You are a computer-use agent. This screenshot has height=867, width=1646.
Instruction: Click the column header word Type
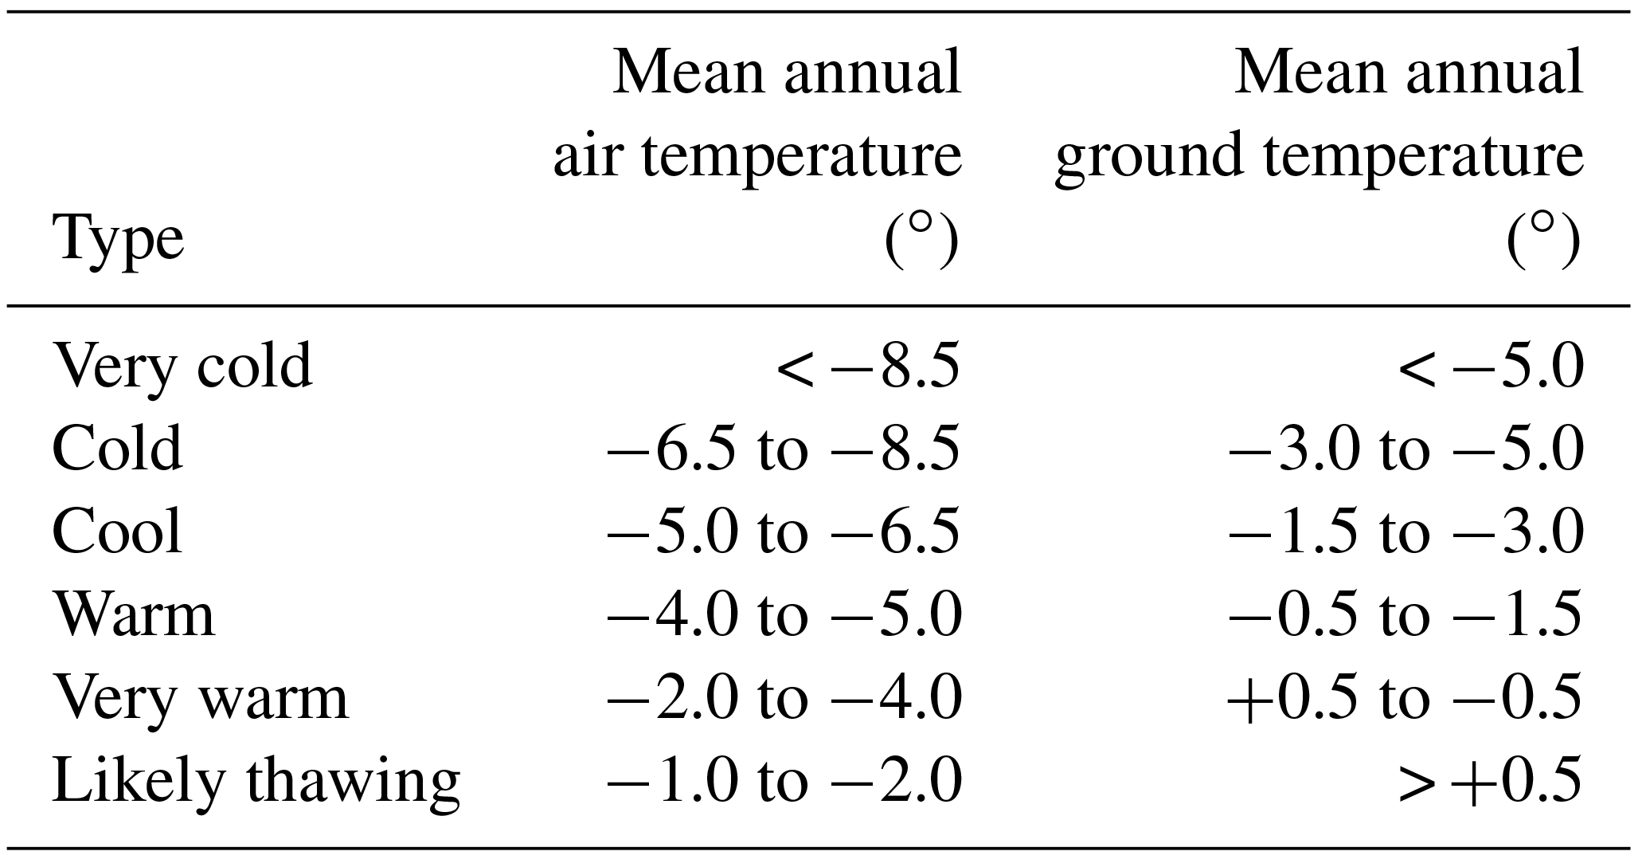coord(118,240)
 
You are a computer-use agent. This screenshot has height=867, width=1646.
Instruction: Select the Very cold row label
coord(182,367)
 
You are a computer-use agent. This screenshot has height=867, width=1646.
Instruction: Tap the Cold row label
coord(117,449)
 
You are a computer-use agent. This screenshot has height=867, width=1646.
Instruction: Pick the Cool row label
coord(117,532)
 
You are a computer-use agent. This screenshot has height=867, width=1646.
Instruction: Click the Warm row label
coord(134,615)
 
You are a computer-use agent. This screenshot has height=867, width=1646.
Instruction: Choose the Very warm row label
coord(200,698)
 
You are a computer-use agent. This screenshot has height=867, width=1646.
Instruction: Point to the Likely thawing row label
coord(256,781)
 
